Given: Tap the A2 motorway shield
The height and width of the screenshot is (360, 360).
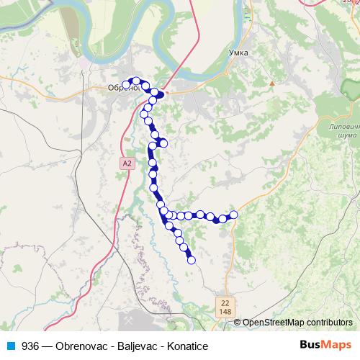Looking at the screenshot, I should pos(127,164).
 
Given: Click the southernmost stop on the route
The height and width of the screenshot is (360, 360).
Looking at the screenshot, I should pos(192,261).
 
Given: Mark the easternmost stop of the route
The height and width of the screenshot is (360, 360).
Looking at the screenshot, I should pos(233,215).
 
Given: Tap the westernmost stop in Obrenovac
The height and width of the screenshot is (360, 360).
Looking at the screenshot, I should pos(126,85).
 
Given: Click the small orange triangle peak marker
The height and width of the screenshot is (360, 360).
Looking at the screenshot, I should pos(272,84).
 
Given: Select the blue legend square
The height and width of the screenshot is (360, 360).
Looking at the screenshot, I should pos(8,344).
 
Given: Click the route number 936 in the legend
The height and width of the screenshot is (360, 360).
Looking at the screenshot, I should pos(30,344).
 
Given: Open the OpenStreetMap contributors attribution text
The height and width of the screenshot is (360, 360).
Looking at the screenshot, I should pos(297,323).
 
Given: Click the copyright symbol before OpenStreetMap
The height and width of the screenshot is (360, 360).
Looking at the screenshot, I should pos(238,323).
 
